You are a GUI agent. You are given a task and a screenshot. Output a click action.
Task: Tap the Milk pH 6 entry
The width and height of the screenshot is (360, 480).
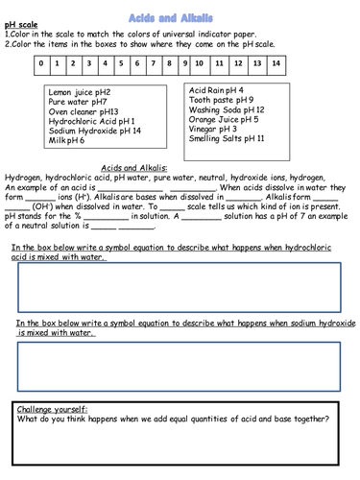pos(67,140)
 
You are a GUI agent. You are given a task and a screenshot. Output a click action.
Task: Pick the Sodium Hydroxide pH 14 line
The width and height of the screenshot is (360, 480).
pos(94,131)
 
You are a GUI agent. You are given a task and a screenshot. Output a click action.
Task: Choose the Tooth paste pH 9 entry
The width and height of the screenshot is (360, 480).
pos(222,100)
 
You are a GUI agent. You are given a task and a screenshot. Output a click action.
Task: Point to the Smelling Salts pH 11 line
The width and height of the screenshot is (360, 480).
pos(227,139)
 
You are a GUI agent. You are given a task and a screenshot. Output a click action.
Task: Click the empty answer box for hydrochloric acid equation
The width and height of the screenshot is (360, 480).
pos(180,287)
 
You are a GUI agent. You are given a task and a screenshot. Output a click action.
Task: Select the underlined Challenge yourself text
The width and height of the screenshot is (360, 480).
pos(54,408)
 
